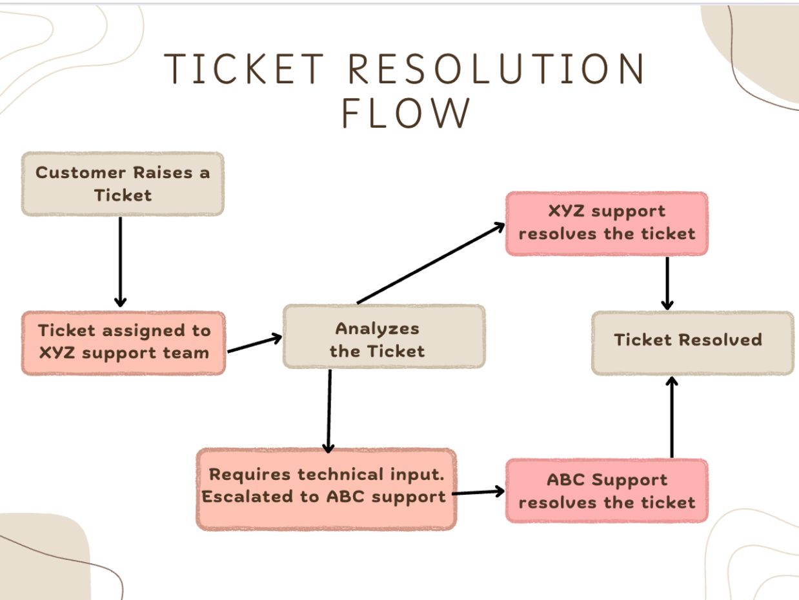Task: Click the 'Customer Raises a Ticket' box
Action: point(123,184)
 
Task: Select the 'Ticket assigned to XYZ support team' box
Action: point(123,343)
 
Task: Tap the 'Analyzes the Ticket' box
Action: point(383,337)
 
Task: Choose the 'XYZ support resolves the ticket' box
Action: point(606,223)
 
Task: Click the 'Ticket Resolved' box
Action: point(692,343)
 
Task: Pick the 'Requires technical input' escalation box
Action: point(326,489)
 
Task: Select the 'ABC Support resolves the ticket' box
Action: point(606,491)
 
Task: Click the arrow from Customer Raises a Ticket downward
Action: point(120,261)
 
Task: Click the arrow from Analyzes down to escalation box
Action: point(329,410)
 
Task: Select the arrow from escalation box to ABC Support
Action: point(478,492)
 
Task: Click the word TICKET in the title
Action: point(245,68)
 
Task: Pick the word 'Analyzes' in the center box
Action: point(377,328)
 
